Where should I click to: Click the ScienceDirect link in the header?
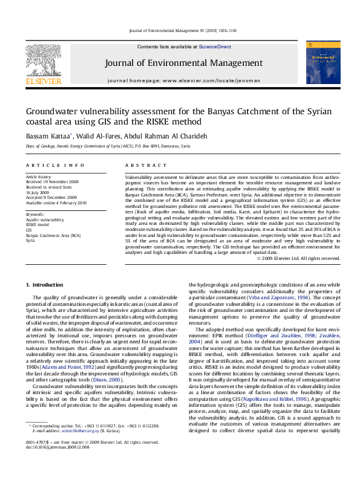215,47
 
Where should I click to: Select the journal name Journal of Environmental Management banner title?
183,63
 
